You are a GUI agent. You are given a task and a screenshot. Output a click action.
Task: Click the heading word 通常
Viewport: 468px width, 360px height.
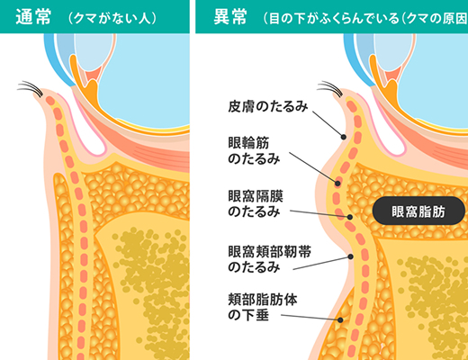pos(33,17)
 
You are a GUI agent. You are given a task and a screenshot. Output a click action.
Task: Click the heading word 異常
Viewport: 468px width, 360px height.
pos(230,17)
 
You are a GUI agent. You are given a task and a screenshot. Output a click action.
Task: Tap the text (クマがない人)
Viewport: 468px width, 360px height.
pos(112,18)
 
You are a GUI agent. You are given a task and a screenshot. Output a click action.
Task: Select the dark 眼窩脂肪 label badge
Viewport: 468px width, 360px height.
pos(418,211)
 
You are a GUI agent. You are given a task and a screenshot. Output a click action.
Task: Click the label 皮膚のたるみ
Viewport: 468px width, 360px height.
pos(268,106)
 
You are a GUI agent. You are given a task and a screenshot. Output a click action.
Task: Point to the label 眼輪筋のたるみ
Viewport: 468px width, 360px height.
pos(254,151)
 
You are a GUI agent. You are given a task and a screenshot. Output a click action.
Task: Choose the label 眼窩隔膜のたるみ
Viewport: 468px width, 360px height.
pos(256,204)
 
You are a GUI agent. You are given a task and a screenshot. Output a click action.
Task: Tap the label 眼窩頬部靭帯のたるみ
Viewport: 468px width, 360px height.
pos(269,259)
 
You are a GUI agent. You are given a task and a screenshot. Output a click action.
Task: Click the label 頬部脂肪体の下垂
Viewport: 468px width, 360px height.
pos(263,307)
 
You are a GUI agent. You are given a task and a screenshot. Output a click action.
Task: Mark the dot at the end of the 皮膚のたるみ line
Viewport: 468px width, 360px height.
pos(344,137)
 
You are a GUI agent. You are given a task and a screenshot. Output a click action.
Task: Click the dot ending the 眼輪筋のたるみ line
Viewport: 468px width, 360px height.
pos(337,183)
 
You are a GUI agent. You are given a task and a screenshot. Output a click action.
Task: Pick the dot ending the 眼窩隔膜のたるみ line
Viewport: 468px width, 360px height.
pos(350,217)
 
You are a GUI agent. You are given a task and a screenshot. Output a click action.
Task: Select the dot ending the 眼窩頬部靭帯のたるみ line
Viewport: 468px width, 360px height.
pos(350,256)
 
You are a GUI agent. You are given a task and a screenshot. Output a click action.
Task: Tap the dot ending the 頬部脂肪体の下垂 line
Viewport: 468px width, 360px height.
pos(340,320)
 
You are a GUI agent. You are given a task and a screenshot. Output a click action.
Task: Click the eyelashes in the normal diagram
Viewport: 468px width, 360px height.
pos(31,88)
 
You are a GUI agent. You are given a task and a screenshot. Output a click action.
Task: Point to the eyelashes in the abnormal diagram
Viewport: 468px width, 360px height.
pos(331,88)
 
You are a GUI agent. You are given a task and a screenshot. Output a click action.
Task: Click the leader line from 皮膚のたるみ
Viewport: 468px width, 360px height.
pos(328,124)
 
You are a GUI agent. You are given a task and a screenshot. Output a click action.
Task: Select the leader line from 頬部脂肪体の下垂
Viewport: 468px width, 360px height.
pos(310,318)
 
